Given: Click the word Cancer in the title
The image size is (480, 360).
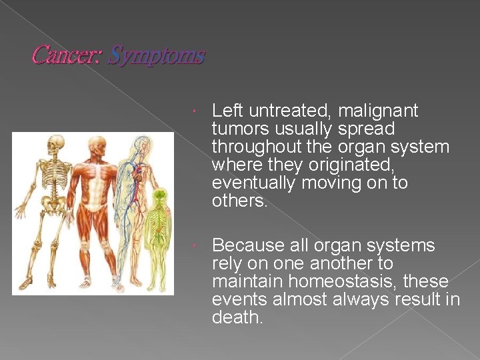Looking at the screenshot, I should coord(65,55).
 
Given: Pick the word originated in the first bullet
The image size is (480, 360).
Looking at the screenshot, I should coord(353,165).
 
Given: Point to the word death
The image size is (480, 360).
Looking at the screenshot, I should coord(237,318).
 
